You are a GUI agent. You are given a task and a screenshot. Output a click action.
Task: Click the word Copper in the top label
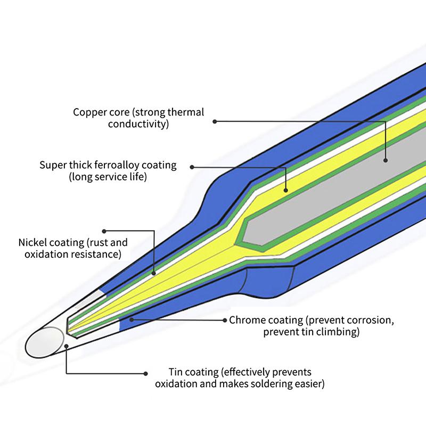tap(88, 112)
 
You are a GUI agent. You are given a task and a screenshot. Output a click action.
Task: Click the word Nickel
tap(33, 243)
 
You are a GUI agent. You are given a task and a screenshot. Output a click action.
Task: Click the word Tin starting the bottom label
tap(175, 372)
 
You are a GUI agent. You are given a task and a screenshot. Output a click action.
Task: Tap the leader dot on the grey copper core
tap(386, 159)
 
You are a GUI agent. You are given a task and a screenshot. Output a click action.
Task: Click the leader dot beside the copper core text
tap(215, 121)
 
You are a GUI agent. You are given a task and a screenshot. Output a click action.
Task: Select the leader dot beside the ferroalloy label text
tap(192, 167)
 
